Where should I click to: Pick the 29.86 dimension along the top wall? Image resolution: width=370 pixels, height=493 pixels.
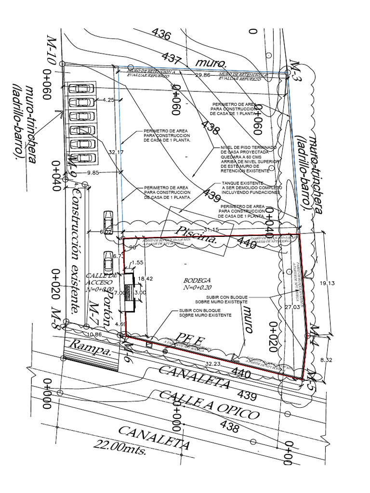pyautogui.click(x=203, y=75)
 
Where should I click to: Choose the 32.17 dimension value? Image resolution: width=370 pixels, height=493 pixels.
pyautogui.click(x=116, y=152)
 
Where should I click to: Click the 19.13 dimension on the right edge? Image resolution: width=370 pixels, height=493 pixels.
pyautogui.click(x=327, y=283)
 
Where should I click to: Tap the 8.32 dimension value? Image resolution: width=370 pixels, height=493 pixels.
pyautogui.click(x=326, y=359)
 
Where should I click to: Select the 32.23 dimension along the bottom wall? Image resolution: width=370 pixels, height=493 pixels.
pyautogui.click(x=213, y=364)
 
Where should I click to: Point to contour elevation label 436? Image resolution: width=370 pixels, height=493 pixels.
pyautogui.click(x=161, y=34)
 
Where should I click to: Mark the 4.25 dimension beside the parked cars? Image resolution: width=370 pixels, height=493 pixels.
pyautogui.click(x=108, y=100)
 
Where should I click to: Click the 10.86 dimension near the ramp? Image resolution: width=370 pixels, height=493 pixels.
pyautogui.click(x=94, y=334)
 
